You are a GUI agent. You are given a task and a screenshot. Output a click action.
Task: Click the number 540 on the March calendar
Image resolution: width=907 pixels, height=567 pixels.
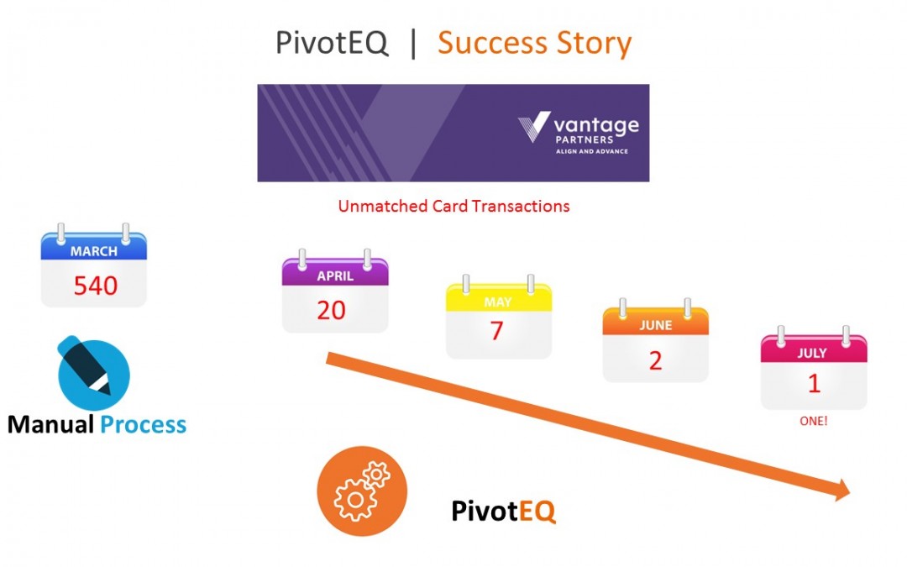(95, 286)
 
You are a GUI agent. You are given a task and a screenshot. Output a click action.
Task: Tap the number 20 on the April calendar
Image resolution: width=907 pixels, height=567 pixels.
(331, 310)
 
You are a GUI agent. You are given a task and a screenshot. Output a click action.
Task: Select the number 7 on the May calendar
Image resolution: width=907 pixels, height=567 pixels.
(496, 331)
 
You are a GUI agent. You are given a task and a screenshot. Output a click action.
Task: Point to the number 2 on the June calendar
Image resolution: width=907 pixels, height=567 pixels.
(655, 360)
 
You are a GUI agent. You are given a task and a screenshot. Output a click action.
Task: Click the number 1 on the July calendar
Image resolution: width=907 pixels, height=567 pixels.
(813, 383)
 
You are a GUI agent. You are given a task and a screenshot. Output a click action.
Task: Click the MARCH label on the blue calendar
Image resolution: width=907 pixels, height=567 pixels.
(94, 251)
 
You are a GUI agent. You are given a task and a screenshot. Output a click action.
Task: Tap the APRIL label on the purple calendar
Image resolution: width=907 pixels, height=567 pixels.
(335, 276)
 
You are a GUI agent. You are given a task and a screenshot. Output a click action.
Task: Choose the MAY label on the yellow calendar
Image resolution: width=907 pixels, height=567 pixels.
(498, 302)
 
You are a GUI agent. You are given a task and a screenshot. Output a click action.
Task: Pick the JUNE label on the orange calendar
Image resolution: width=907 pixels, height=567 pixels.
(655, 325)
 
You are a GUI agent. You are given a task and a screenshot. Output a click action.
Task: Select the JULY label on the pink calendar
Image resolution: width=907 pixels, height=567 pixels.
(812, 353)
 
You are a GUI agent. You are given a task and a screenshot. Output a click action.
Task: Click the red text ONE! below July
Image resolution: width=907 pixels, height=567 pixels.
(813, 421)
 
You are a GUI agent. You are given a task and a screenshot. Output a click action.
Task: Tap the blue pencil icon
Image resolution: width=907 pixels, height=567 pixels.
(93, 374)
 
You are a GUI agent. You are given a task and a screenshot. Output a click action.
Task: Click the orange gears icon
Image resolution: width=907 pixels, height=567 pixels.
(362, 491)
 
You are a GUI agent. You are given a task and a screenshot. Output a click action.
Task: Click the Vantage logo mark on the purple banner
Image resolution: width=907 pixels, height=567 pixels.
(534, 127)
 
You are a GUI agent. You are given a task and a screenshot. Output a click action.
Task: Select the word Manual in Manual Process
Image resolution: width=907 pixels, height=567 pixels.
(50, 424)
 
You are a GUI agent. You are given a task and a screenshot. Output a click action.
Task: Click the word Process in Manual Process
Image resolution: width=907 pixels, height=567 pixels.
(143, 424)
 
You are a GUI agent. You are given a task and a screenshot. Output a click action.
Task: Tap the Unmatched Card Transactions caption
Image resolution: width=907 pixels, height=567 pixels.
(453, 206)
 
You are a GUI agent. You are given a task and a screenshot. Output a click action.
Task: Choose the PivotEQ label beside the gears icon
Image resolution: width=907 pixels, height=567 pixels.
(503, 511)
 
